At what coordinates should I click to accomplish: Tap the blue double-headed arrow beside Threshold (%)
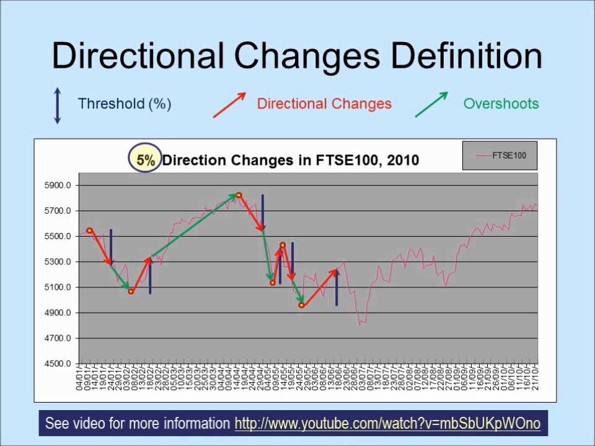(x=58, y=105)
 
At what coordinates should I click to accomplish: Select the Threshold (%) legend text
(x=124, y=103)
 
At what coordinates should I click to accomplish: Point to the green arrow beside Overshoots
(x=432, y=104)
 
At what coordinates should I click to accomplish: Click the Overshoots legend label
(x=501, y=103)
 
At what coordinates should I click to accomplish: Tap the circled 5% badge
(x=146, y=160)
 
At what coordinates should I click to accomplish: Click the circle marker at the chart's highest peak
(x=239, y=196)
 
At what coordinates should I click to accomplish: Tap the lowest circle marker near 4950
(x=301, y=305)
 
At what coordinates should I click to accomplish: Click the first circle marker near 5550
(x=89, y=230)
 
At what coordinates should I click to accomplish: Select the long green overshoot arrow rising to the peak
(x=192, y=225)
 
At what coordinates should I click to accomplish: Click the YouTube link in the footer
(x=387, y=424)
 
